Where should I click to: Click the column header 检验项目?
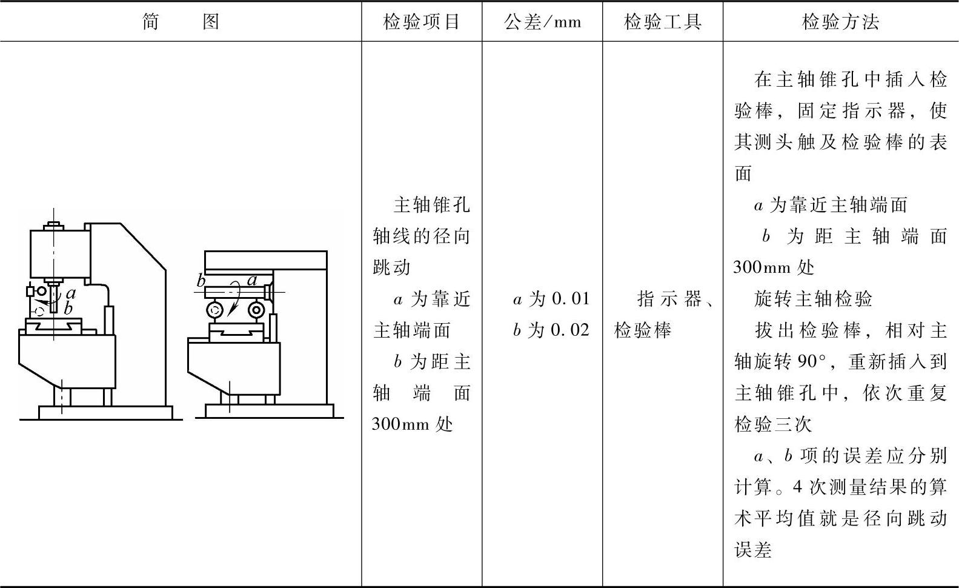(422, 22)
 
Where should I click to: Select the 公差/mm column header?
(542, 22)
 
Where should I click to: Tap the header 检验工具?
(663, 22)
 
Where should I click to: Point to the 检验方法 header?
(840, 22)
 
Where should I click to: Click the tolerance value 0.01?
(570, 299)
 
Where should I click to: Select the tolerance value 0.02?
(570, 330)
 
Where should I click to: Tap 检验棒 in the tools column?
(643, 330)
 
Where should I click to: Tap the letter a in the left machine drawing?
(70, 294)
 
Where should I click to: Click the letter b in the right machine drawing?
(201, 281)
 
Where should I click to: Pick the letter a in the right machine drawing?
(252, 280)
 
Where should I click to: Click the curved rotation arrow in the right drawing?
(234, 303)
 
